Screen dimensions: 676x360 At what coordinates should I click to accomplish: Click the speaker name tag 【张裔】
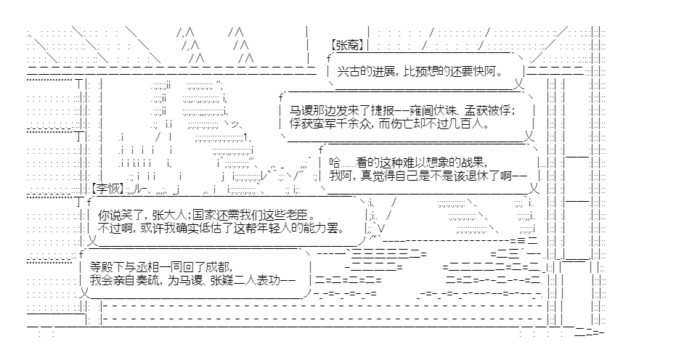348,45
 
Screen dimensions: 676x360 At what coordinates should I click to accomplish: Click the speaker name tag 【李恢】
107,189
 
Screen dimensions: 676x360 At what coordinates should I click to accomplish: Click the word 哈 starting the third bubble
335,163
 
